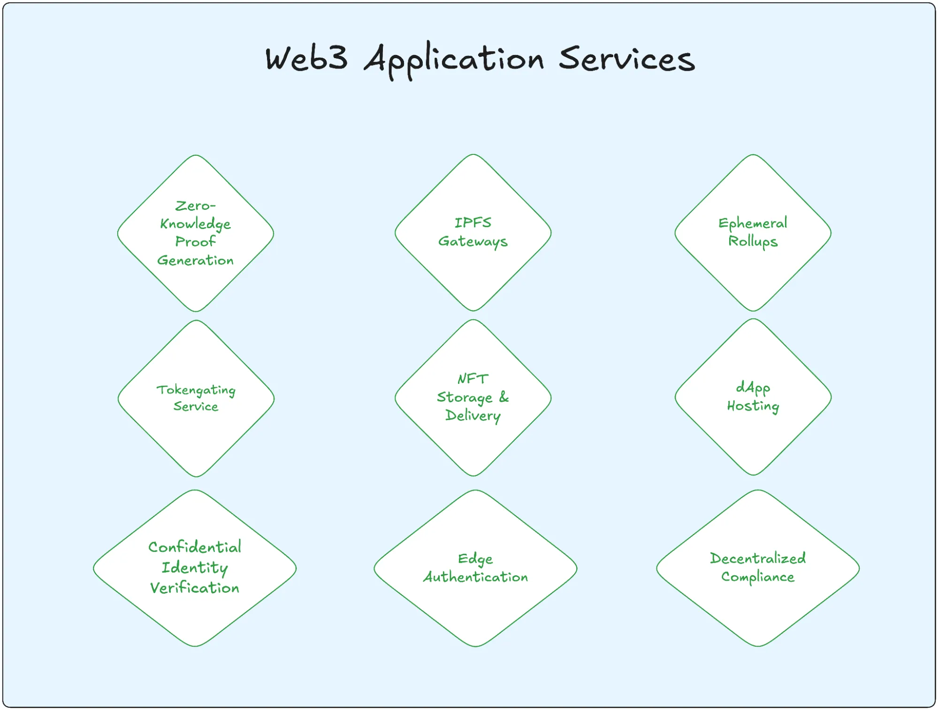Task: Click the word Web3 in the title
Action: (306, 59)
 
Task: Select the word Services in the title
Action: (626, 59)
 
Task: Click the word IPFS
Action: (473, 222)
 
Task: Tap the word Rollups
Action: (753, 241)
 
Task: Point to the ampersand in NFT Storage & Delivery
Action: (504, 397)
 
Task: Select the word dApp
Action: (753, 388)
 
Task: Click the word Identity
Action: (195, 568)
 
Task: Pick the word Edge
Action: (475, 558)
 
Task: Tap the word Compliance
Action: (757, 577)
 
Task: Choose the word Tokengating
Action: (196, 390)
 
